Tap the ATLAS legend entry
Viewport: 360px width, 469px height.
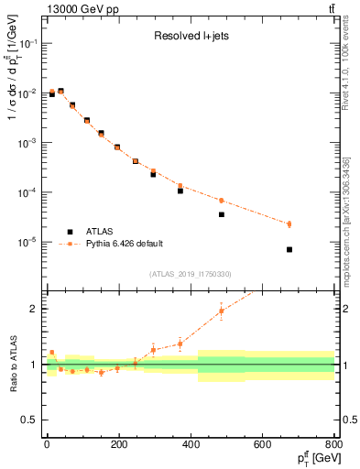102,231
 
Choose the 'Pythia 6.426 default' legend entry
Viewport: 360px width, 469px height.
123,244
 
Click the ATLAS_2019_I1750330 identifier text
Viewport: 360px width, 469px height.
190,274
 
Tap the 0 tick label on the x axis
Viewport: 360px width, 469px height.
47,445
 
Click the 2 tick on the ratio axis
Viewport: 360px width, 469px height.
32,309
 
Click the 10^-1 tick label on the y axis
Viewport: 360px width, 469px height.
25,44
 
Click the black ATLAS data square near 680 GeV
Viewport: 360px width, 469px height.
289,249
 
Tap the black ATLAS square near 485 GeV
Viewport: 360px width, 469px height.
221,214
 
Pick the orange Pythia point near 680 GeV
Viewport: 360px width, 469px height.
289,224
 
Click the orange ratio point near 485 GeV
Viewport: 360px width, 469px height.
221,311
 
